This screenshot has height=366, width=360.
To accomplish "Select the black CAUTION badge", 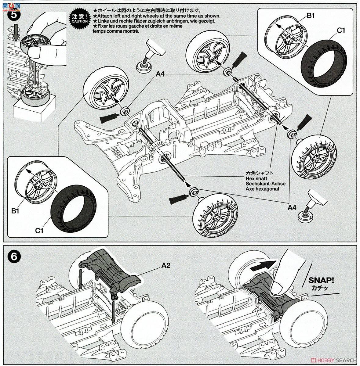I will coord(80,19).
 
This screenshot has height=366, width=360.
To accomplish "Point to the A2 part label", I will coord(166,266).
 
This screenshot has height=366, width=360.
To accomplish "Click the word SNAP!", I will coord(321,280).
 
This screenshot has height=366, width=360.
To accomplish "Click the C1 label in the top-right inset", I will coord(341,30).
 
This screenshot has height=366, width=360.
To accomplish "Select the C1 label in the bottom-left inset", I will coord(39,231).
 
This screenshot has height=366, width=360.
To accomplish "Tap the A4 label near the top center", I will coord(160,74).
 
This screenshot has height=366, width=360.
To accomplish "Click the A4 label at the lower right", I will coord(292,207).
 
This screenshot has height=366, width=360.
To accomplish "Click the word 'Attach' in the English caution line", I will coord(103,16).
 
